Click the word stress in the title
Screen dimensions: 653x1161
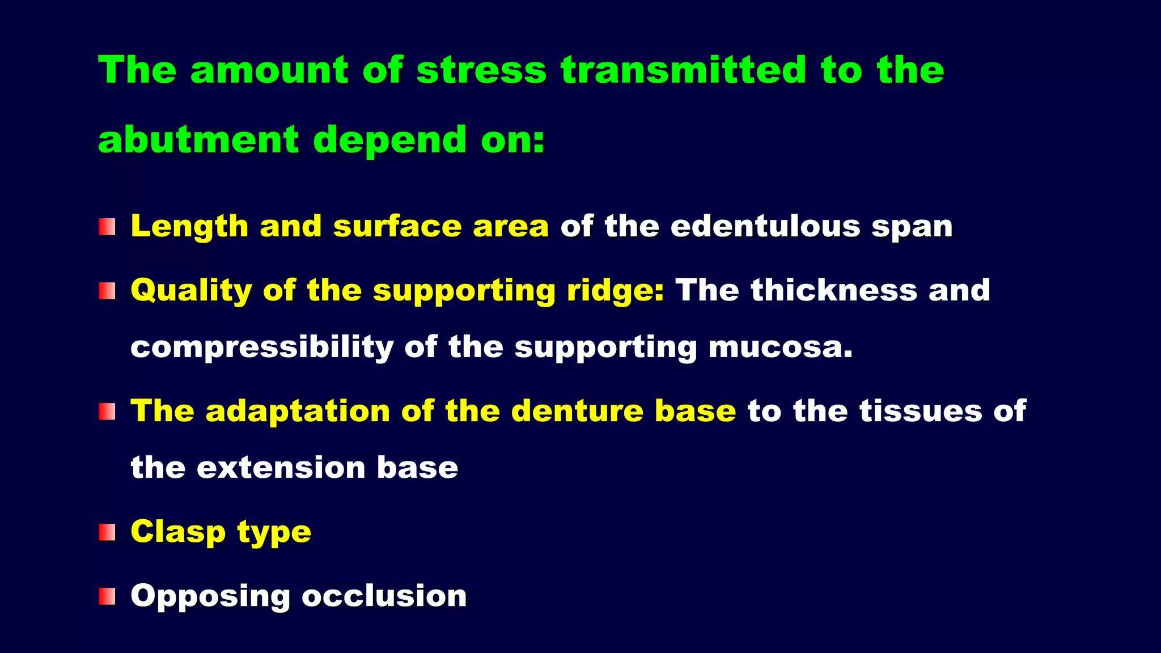[x=481, y=70]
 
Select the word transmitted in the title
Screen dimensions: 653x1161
[x=683, y=70]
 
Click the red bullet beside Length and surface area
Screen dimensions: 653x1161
[x=107, y=227]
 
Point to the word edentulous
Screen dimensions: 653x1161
[x=765, y=226]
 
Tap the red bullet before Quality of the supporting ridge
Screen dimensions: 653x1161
[x=107, y=291]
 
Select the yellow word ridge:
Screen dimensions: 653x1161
[x=615, y=291]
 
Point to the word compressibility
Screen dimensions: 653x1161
[x=261, y=347]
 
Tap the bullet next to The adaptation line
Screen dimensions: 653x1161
[x=107, y=412]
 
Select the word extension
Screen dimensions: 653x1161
[x=281, y=468]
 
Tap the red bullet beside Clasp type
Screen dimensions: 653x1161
[x=107, y=532]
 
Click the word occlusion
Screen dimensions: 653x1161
[x=384, y=596]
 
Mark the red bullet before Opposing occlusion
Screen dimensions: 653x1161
[x=107, y=596]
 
